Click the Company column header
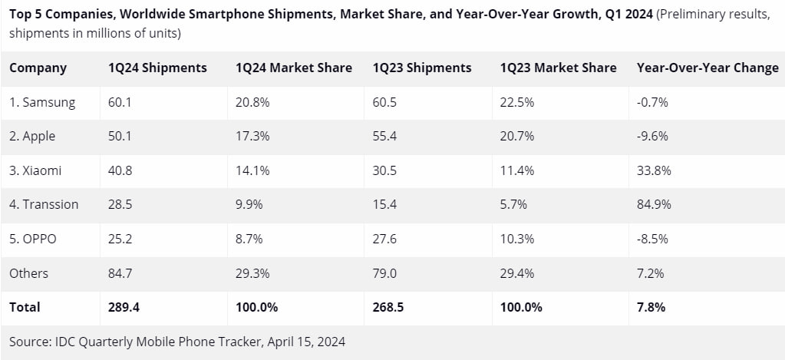38,68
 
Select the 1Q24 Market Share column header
294,68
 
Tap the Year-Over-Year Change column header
707,68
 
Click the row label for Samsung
42,102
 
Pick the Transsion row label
44,204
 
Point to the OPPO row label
33,239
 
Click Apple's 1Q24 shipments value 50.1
120,136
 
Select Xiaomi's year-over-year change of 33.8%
654,170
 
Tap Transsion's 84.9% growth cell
654,204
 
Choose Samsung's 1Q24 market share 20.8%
252,102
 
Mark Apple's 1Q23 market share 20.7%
516,136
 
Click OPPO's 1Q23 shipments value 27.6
384,239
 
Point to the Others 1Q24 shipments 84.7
120,272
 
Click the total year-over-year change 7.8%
651,307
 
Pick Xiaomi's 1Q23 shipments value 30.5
384,170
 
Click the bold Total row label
25,307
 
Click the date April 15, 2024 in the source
308,340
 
